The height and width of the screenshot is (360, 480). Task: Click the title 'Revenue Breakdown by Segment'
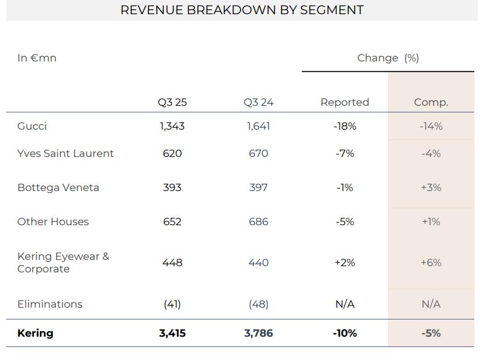click(x=242, y=10)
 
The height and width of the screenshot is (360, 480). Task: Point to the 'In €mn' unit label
click(x=37, y=58)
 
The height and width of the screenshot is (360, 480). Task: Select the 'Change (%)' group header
click(x=388, y=58)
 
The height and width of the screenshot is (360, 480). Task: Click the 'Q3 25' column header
click(x=172, y=102)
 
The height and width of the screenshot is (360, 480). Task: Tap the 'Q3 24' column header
click(x=258, y=102)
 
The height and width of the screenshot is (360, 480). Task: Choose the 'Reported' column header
click(x=345, y=102)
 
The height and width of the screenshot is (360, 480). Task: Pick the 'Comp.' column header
click(x=431, y=102)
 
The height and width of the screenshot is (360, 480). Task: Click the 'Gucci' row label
click(x=32, y=126)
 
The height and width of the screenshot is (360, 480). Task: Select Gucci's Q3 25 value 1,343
click(x=172, y=126)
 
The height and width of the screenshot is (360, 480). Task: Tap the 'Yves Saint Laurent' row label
click(x=65, y=154)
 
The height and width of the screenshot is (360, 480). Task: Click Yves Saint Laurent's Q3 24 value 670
click(x=258, y=154)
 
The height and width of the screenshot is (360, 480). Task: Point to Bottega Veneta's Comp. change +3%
click(x=431, y=188)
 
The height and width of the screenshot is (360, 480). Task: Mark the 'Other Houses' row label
click(x=53, y=222)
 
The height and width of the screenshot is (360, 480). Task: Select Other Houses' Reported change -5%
click(x=345, y=222)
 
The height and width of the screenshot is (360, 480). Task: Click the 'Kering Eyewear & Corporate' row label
click(x=63, y=263)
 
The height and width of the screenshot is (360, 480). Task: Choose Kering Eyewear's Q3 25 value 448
click(x=172, y=263)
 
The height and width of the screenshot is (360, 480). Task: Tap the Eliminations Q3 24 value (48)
click(x=258, y=304)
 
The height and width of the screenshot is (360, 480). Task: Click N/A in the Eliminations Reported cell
click(x=345, y=304)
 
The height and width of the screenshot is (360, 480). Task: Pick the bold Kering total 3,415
click(x=172, y=333)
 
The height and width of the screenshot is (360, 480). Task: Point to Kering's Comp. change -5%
click(x=431, y=333)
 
